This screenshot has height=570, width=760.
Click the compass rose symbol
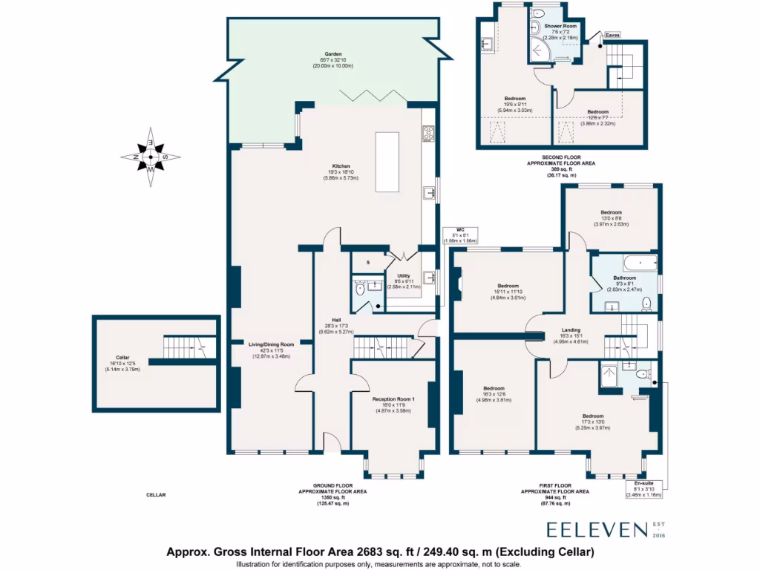click(151, 157)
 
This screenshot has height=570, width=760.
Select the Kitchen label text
click(341, 166)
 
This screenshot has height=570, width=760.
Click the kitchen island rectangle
click(386, 162)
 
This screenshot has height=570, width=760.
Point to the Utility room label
click(403, 275)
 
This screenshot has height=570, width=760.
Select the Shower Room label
click(545, 25)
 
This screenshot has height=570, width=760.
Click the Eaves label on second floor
click(612, 35)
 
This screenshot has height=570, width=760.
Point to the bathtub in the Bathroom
click(640, 263)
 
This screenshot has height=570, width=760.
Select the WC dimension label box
click(460, 236)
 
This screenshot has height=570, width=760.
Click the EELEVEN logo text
click(597, 528)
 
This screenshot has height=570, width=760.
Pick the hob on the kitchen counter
click(428, 134)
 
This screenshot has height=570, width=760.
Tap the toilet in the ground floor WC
click(359, 289)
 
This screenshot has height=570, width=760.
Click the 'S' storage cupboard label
click(367, 262)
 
